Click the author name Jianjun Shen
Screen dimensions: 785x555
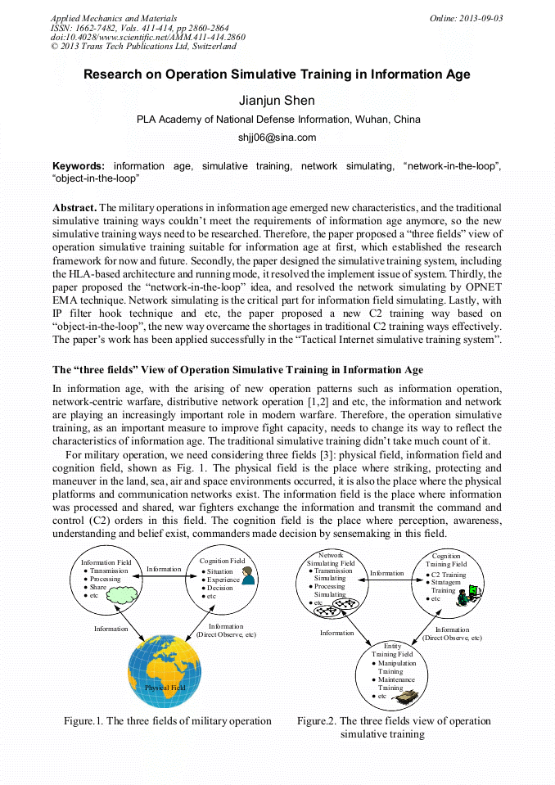click(277, 101)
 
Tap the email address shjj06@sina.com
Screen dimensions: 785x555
click(277, 138)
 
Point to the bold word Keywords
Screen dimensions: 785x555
click(79, 166)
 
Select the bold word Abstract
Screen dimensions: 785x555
click(74, 209)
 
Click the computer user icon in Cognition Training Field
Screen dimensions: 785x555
click(466, 597)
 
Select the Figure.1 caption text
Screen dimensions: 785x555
click(168, 721)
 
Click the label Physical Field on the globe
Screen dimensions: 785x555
click(165, 688)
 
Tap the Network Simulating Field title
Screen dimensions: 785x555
click(331, 559)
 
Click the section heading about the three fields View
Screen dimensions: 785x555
click(237, 370)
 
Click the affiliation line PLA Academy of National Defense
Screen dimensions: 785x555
click(277, 120)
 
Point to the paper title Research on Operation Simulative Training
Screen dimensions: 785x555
click(277, 74)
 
